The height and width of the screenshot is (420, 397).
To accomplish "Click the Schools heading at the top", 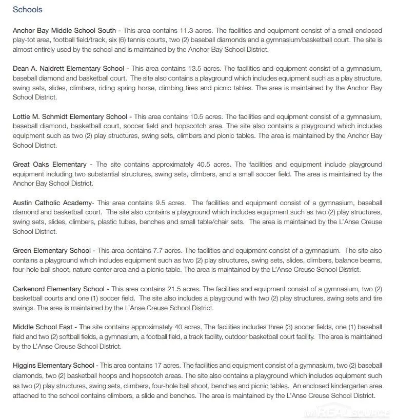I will (x=28, y=10).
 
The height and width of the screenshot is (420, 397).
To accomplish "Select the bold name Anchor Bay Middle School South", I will (x=64, y=31).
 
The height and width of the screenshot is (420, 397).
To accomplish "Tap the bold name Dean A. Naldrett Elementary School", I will (x=68, y=69).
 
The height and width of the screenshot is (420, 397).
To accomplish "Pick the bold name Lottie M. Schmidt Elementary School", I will (x=70, y=117).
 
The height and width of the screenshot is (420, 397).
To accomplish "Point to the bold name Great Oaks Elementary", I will (x=50, y=165).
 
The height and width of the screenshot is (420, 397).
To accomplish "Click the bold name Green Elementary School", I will (x=51, y=251).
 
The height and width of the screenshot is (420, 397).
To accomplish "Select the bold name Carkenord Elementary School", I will (x=58, y=289).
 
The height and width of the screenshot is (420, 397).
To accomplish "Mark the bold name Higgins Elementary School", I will (x=53, y=366).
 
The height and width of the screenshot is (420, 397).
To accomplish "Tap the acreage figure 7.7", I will (x=158, y=251).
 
